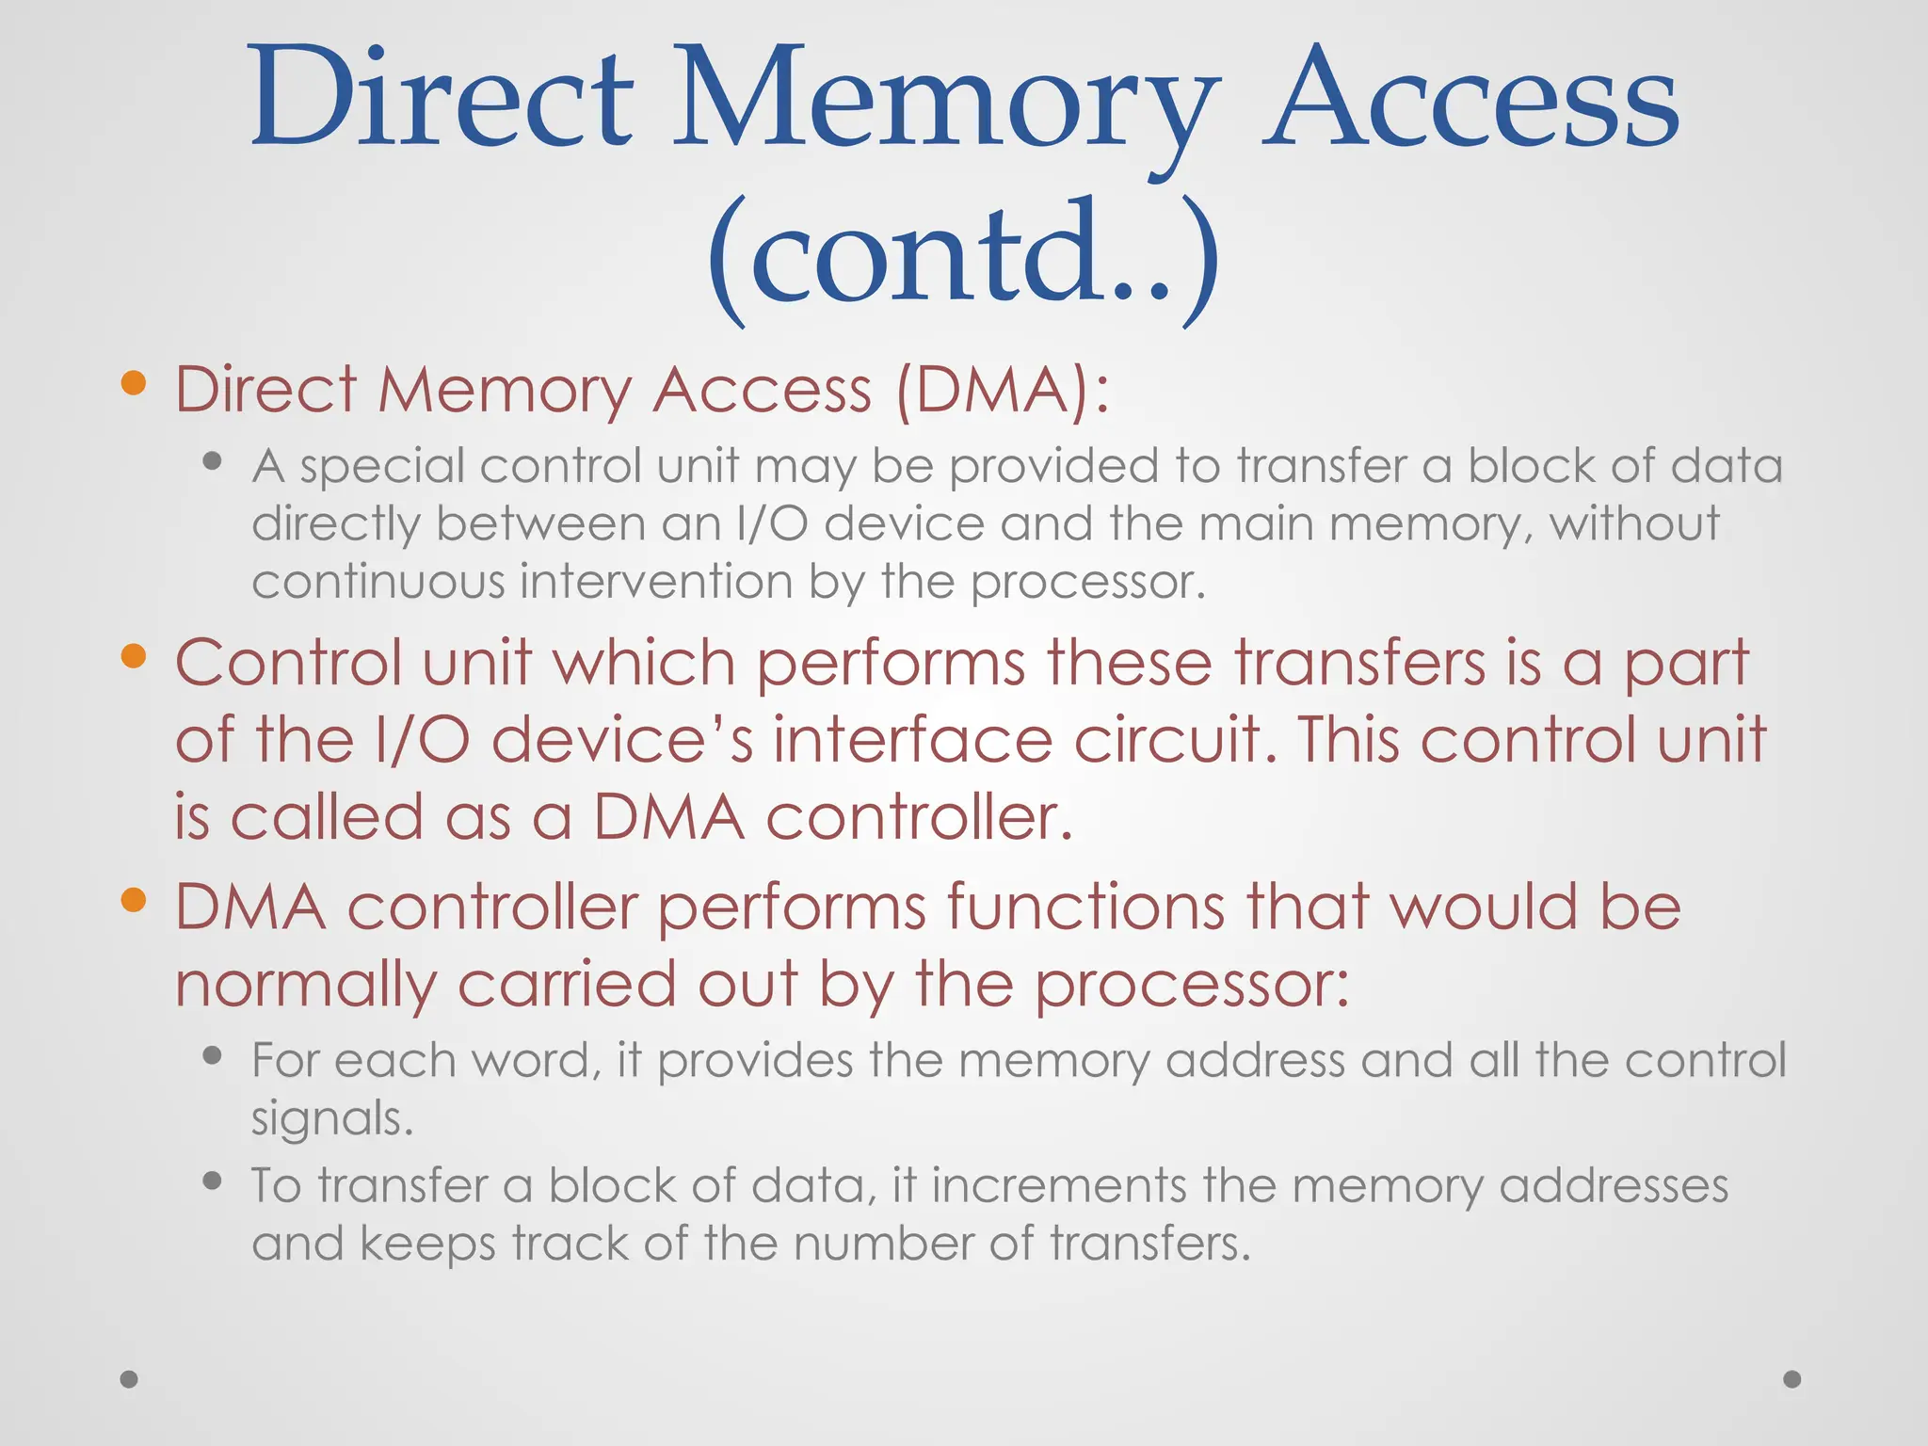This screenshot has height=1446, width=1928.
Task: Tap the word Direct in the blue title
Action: pos(442,99)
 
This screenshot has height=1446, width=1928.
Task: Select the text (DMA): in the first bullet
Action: pos(1003,390)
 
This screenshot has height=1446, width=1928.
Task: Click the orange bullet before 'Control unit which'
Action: pos(134,655)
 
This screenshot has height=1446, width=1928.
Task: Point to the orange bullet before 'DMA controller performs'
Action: pos(134,900)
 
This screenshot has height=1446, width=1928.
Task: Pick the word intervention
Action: pos(656,582)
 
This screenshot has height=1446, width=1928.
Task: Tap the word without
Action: pos(1635,523)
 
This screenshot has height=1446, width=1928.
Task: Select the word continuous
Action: pos(378,582)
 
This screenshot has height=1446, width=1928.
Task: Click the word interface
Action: pos(912,740)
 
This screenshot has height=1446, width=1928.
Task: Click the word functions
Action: pos(1085,908)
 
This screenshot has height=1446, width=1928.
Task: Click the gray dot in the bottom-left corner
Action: pos(129,1379)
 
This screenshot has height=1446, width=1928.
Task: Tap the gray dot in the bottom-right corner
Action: pos(1792,1379)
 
